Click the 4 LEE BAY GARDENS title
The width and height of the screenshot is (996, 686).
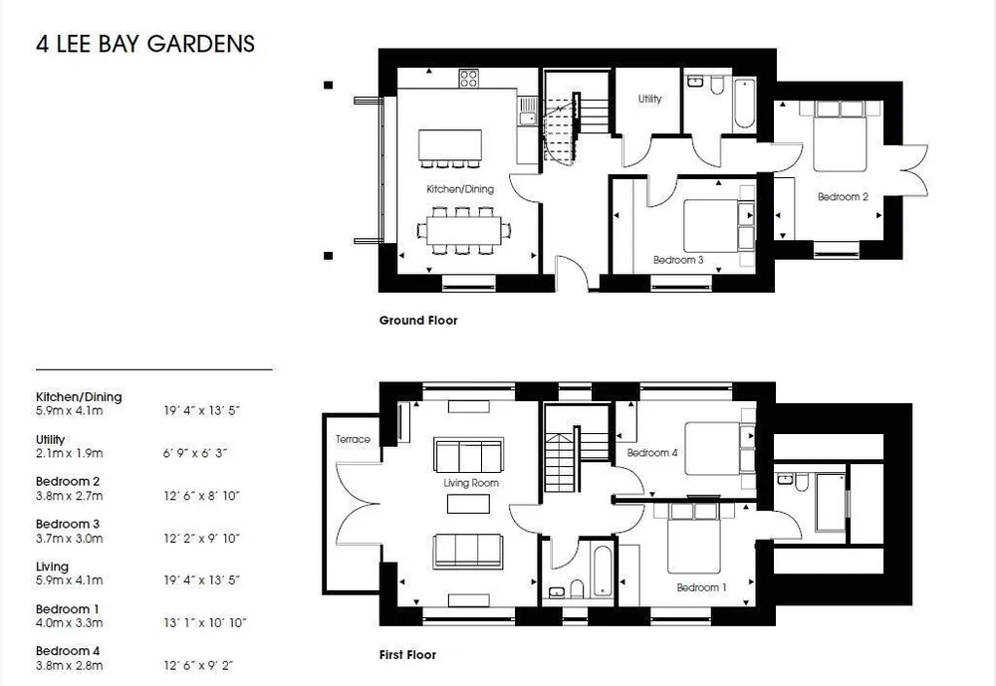(x=145, y=44)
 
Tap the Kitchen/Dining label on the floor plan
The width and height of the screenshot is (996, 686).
(x=460, y=188)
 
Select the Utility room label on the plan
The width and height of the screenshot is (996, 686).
(x=649, y=99)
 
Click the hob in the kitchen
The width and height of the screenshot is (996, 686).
(x=469, y=78)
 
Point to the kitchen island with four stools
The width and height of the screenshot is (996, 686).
(x=450, y=148)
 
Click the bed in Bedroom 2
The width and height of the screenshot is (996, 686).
(x=840, y=135)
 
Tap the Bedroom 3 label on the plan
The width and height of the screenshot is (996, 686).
(x=678, y=260)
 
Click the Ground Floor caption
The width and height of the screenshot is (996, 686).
(x=418, y=321)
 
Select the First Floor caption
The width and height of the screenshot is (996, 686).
(x=407, y=655)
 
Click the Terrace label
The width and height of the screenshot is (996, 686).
(x=353, y=439)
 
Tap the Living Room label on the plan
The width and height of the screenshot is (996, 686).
(x=471, y=483)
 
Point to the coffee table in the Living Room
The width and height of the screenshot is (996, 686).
(x=468, y=504)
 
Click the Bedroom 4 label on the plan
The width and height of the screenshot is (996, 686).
(x=652, y=453)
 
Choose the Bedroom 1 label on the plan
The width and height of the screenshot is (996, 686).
(x=701, y=587)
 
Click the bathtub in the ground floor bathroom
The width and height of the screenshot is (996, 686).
(x=744, y=104)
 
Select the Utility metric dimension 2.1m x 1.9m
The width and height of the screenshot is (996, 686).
(x=70, y=454)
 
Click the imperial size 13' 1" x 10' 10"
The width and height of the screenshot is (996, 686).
(x=204, y=623)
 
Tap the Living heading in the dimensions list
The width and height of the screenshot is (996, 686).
(x=52, y=567)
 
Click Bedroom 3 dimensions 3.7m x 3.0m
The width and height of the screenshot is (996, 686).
(x=70, y=539)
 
